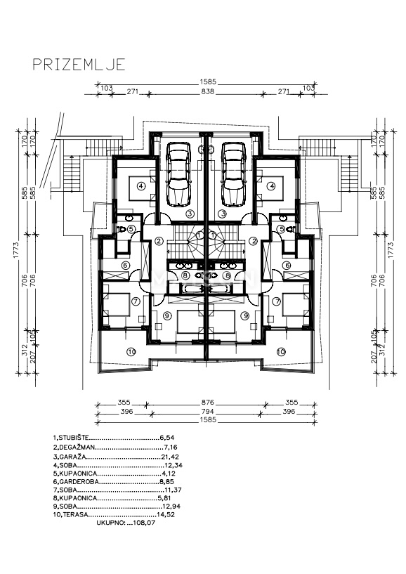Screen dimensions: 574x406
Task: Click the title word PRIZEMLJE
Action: pyautogui.click(x=79, y=65)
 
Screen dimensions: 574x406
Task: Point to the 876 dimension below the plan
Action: pyautogui.click(x=206, y=403)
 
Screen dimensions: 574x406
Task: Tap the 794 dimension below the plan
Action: pyautogui.click(x=206, y=412)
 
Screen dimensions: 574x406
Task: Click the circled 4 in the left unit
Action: pyautogui.click(x=141, y=186)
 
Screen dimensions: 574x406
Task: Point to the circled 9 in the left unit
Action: pyautogui.click(x=166, y=316)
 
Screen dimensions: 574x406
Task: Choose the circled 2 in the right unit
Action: pyautogui.click(x=253, y=241)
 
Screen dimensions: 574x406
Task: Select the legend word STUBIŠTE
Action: pyautogui.click(x=76, y=437)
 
